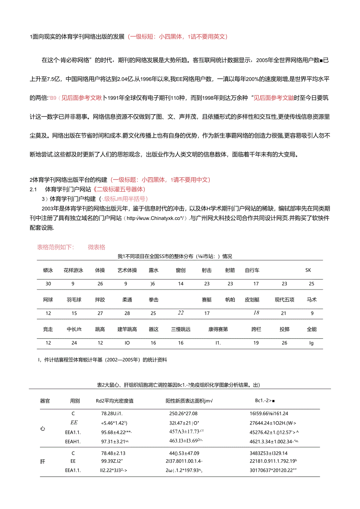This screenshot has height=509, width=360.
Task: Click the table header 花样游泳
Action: coord(74,270)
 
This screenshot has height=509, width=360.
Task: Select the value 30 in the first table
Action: coord(48,284)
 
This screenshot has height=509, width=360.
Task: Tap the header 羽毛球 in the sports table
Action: coord(74,300)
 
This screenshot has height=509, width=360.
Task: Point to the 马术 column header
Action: coord(311,300)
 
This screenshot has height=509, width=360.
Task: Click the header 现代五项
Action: coord(284,300)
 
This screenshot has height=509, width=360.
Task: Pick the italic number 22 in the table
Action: coord(180,313)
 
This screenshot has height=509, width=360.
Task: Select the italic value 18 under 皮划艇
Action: coord(256,313)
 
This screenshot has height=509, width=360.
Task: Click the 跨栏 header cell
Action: coord(256,329)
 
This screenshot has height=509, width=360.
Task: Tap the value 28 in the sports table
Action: coord(127,313)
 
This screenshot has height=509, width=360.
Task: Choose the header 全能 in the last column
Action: coord(311,329)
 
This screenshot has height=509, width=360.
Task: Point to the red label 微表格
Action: coord(96,247)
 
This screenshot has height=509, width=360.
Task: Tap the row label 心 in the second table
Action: coord(43,428)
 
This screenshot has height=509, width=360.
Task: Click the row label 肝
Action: coord(43,461)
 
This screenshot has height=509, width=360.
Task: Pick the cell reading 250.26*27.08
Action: coord(183,413)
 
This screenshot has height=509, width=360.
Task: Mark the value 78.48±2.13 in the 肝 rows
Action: coord(112,453)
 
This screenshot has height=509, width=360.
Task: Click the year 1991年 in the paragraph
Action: coord(115,98)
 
